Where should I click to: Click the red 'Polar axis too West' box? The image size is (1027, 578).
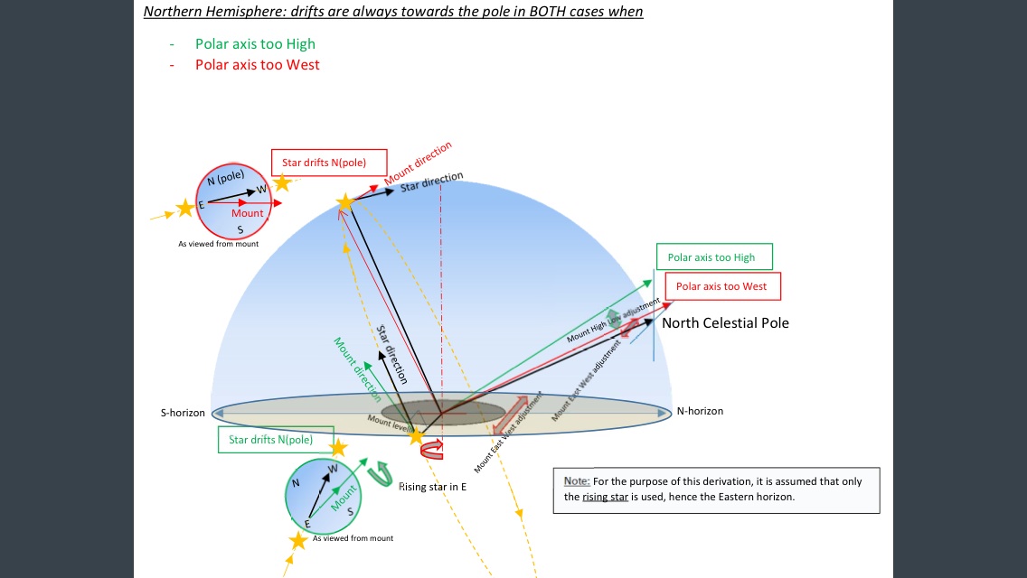coord(721,286)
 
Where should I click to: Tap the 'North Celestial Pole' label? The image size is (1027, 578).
coord(725,322)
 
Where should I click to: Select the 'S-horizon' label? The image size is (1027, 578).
coord(183,413)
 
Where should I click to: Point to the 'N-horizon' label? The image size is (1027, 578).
coord(700,411)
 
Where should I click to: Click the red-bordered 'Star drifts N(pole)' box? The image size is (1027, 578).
coord(329,163)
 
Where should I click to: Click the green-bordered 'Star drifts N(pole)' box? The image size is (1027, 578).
coord(276,440)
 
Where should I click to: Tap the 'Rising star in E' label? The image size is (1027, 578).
coord(433,487)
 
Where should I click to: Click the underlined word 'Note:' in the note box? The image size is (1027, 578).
coord(576,481)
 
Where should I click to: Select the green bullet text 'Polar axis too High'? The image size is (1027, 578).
coord(255,43)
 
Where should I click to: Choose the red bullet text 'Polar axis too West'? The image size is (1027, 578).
coord(257,64)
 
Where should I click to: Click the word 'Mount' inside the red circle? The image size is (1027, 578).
coord(247,213)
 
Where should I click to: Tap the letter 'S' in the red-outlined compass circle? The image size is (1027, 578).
coord(240,228)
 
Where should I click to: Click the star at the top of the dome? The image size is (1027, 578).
coord(344,202)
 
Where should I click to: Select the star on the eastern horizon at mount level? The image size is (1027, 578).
coord(416,436)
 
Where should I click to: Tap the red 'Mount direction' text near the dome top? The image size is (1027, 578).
coord(418,163)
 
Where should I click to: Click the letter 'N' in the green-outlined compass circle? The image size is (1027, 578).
coord(295,483)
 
